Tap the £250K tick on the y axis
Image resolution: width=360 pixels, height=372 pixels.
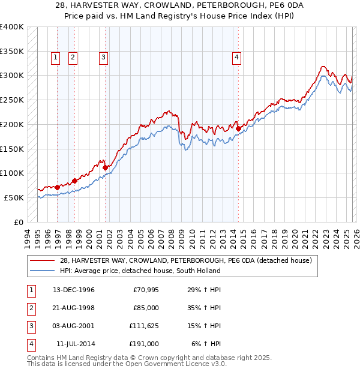pos(12,100)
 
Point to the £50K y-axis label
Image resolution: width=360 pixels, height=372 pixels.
pos(14,197)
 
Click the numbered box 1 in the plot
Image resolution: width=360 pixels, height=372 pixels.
pos(55,58)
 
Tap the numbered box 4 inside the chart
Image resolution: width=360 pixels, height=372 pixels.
pos(237,58)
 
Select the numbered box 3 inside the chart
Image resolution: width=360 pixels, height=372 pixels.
pos(103,58)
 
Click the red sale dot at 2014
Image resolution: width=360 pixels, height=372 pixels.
pos(238,128)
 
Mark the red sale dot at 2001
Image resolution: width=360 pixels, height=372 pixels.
pos(105,167)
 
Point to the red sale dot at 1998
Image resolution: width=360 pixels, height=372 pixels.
pos(74,180)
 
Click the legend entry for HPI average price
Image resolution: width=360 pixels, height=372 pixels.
pos(139,271)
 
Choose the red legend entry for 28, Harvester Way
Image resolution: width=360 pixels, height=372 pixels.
pos(185,260)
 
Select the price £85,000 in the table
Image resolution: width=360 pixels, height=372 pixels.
pos(145,308)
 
